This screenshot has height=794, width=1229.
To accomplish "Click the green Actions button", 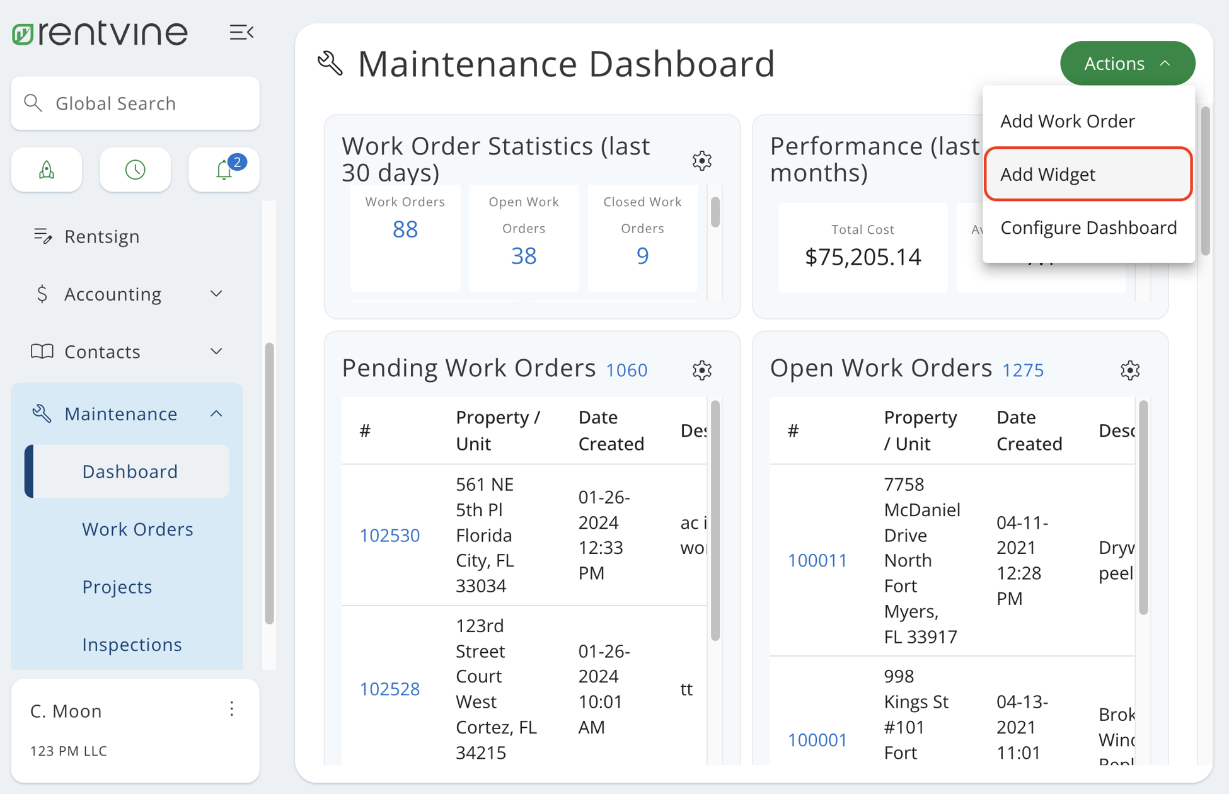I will point(1127,64).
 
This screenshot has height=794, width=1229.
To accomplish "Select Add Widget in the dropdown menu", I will point(1087,175).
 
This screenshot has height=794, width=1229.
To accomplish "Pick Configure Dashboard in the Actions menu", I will point(1088,227).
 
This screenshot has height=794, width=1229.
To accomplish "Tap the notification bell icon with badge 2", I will point(224,170).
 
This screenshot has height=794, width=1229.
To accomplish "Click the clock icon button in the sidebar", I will point(135,170).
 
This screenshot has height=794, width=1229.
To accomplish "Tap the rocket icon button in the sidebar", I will point(47,170).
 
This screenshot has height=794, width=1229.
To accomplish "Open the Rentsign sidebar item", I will point(101,236).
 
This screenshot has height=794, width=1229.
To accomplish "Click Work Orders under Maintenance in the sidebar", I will point(137,529).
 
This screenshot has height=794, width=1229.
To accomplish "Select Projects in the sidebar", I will point(117,587).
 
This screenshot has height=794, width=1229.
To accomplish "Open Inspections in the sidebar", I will point(132,645).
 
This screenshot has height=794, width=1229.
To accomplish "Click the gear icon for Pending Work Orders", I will point(701,370).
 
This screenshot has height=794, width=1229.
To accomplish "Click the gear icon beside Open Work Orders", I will point(1129,370).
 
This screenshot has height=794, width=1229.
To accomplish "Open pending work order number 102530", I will point(389,535).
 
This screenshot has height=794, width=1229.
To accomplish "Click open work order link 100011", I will point(817,560).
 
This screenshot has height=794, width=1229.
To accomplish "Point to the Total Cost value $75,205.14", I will point(863,256).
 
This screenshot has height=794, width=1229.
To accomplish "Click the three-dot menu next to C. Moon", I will point(232,710).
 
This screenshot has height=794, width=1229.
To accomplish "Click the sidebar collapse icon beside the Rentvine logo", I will point(241,33).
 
